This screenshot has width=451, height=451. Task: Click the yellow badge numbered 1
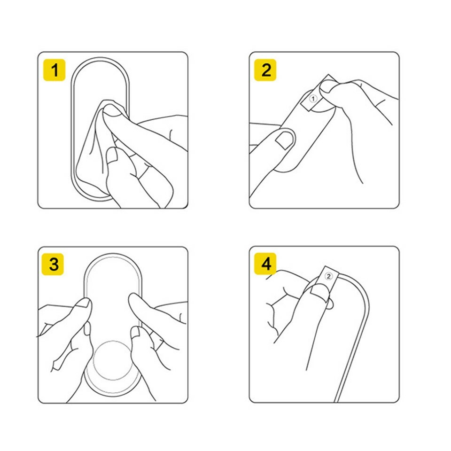[54, 70]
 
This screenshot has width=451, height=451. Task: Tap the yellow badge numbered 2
[265, 70]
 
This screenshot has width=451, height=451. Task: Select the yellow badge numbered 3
[53, 264]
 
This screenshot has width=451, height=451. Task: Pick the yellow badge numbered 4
[265, 264]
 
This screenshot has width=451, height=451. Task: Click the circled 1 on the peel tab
[313, 99]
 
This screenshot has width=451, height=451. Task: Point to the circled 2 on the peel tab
[328, 276]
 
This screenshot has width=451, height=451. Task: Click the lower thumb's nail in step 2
[285, 140]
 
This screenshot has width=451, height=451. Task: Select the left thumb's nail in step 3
[84, 303]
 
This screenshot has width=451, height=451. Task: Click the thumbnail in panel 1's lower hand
[113, 156]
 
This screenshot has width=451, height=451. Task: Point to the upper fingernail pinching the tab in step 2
[328, 86]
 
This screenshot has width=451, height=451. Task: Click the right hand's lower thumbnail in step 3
[135, 332]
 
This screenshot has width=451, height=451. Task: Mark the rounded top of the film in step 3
[113, 255]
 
